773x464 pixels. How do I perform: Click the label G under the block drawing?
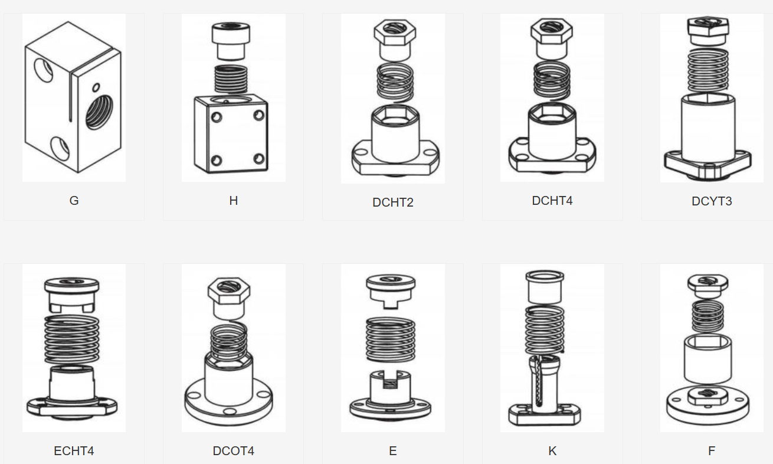click(74, 201)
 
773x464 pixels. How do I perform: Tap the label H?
click(234, 201)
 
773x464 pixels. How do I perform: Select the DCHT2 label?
click(393, 202)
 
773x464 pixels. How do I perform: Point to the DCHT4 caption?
click(552, 201)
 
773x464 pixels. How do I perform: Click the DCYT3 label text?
click(712, 201)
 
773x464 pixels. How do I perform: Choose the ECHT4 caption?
click(74, 451)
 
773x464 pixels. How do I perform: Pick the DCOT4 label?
click(234, 451)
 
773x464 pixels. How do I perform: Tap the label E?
click(393, 451)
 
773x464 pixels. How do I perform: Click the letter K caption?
click(552, 451)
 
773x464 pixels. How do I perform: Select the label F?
click(712, 451)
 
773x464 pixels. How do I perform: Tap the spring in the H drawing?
click(231, 78)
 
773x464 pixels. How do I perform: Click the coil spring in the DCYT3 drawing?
click(708, 70)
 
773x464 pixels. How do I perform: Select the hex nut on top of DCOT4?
click(229, 291)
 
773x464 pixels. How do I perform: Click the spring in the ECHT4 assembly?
click(71, 339)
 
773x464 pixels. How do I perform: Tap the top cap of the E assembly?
click(391, 285)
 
